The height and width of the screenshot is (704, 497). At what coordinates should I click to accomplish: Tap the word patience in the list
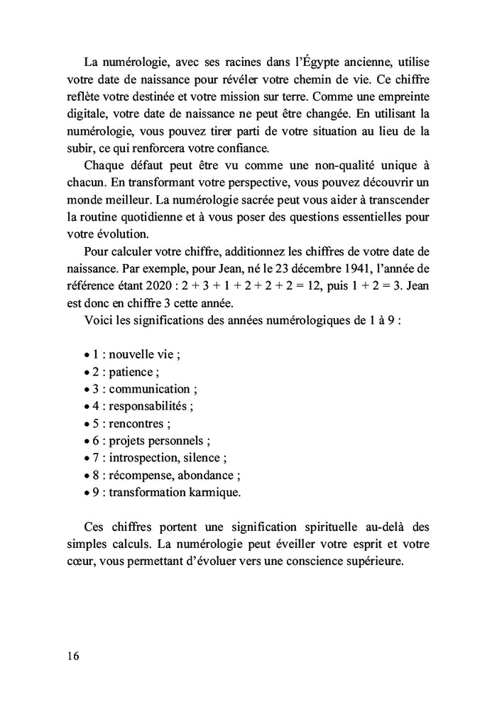[131, 372]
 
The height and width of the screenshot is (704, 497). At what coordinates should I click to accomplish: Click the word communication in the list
[150, 389]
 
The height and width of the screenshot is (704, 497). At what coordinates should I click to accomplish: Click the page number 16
[73, 655]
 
